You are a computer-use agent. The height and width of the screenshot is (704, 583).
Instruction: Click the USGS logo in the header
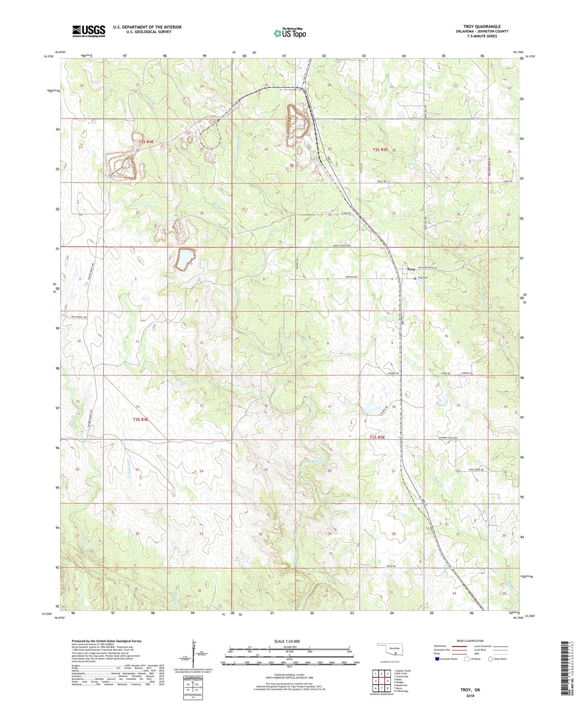click(88, 31)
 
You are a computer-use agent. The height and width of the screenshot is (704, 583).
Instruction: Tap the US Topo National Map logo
click(290, 33)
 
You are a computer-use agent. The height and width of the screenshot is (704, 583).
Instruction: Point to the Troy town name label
click(411, 269)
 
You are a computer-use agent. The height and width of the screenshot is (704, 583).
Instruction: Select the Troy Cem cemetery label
click(422, 277)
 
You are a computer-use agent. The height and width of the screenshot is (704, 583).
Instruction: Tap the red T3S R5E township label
click(378, 437)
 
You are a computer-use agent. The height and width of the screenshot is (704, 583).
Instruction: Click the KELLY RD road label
click(382, 181)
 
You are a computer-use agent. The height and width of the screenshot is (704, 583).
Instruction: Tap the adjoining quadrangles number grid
click(381, 681)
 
